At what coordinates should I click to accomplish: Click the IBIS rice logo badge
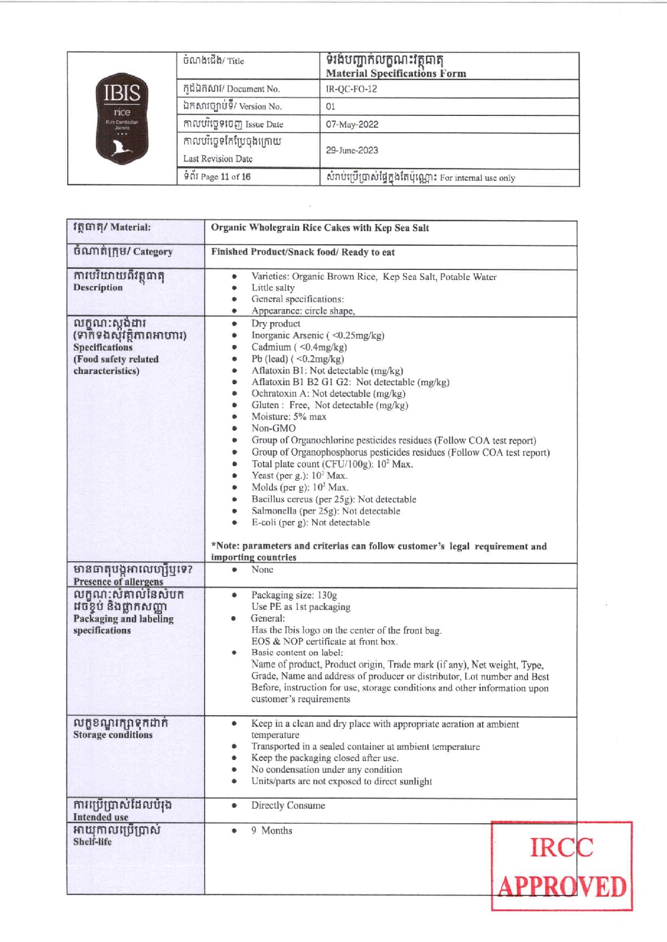tap(122, 118)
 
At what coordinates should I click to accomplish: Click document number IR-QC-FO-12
tap(351, 88)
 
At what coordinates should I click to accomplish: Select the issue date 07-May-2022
tap(352, 124)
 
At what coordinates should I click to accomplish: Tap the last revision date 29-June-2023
tap(352, 150)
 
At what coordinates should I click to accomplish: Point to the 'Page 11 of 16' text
tap(217, 177)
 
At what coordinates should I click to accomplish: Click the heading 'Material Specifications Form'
tap(396, 73)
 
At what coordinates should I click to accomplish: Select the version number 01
tap(331, 106)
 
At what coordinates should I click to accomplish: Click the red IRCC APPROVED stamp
tap(562, 866)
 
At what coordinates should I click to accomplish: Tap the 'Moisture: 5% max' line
tap(289, 417)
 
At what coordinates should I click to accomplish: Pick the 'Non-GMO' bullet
tap(274, 428)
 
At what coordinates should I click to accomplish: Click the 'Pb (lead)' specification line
tap(298, 359)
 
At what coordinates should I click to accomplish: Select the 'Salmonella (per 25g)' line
tap(326, 511)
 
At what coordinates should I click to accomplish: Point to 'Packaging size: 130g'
tap(294, 595)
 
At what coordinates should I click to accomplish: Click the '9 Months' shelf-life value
tap(272, 831)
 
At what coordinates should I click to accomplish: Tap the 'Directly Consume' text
tap(288, 805)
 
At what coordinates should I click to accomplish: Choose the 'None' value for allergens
tap(262, 570)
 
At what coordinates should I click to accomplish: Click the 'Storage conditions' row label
tap(113, 735)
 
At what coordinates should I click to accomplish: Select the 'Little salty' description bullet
tap(273, 288)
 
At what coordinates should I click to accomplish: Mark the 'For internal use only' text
tap(477, 178)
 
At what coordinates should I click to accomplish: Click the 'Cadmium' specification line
tap(299, 347)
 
